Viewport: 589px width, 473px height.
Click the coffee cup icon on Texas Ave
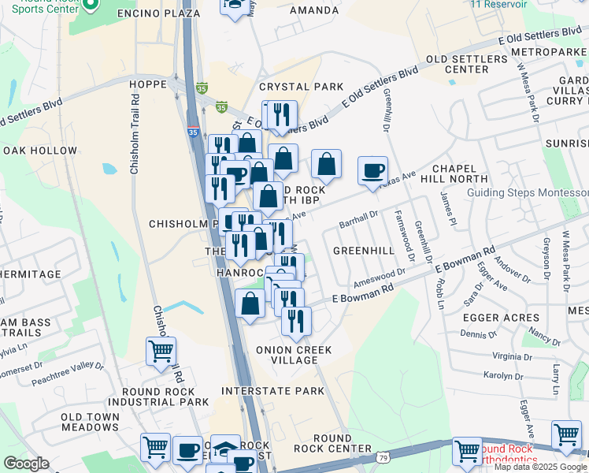pyautogui.click(x=372, y=170)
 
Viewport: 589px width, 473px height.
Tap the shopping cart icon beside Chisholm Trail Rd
pyautogui.click(x=161, y=350)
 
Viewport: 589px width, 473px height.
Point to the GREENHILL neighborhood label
pyautogui.click(x=363, y=251)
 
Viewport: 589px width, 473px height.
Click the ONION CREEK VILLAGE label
pyautogui.click(x=294, y=355)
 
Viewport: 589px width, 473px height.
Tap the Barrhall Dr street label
pyautogui.click(x=359, y=213)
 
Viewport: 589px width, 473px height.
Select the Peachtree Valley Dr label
pyautogui.click(x=68, y=373)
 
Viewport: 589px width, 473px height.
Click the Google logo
pyautogui.click(x=26, y=464)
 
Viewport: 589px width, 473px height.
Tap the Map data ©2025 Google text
pyautogui.click(x=541, y=467)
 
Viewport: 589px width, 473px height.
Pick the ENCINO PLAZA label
pyautogui.click(x=160, y=14)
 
